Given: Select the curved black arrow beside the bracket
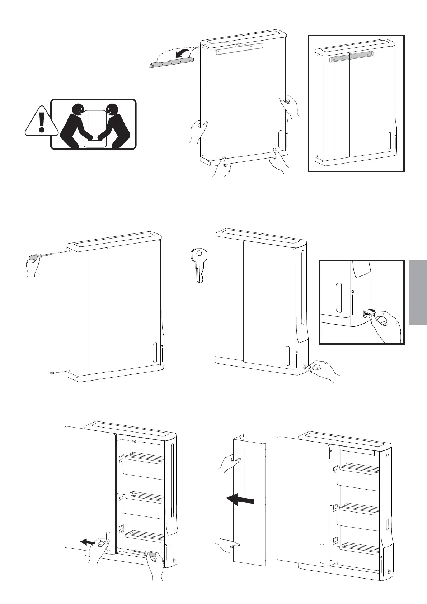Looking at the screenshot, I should [x=183, y=54].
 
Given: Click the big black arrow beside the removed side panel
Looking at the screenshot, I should [x=240, y=500].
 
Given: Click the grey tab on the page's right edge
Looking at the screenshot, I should [x=417, y=292].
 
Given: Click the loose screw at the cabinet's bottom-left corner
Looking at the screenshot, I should [x=52, y=373].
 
